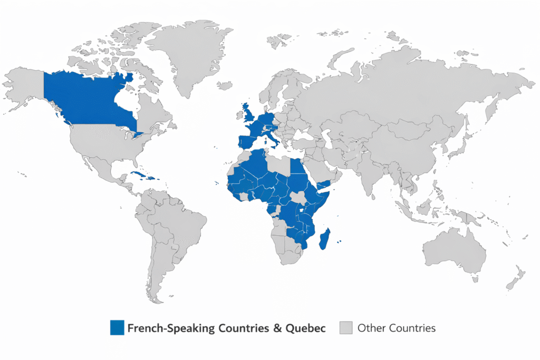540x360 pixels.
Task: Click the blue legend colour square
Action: [117, 327]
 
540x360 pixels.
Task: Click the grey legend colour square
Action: [345, 327]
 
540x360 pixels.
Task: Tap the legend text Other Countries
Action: [396, 328]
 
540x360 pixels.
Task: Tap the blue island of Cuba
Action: [138, 174]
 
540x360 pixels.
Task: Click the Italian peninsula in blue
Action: [275, 138]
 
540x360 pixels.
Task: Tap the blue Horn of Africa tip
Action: [325, 183]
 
